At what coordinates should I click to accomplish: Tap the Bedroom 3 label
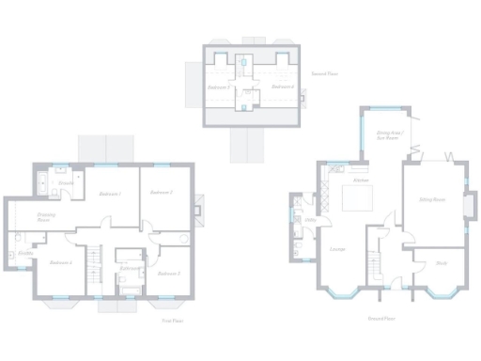169,274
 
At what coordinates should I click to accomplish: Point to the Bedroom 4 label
61,262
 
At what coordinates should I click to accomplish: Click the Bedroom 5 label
219,86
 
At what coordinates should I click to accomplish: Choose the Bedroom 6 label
283,86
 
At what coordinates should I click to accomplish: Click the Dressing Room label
46,217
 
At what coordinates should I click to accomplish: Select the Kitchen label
359,179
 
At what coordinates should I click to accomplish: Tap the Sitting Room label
431,200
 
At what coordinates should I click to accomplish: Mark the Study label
441,263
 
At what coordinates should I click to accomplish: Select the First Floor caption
171,320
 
